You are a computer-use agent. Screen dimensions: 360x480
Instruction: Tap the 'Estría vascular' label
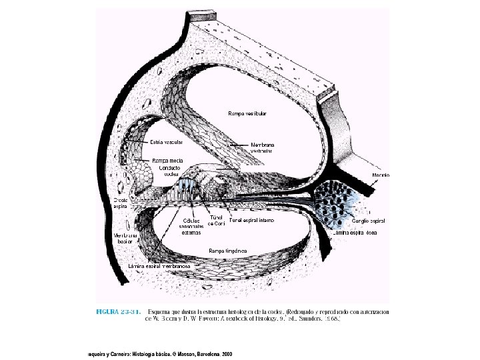(x=166, y=143)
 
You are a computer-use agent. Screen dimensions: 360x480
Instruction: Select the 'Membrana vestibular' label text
(x=263, y=147)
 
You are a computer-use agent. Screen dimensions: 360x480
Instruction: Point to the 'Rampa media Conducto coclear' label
(x=168, y=164)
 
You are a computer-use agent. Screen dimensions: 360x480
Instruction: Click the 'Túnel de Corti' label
(x=216, y=221)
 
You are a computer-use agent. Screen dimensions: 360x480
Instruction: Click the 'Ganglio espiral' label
(x=368, y=220)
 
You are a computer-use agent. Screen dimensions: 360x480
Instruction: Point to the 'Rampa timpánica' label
(x=227, y=250)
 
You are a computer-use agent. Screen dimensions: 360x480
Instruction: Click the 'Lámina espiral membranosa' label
(x=159, y=265)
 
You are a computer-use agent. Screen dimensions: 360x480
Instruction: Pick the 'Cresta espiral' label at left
(x=120, y=203)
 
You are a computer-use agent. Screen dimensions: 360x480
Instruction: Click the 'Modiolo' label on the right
(x=381, y=175)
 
